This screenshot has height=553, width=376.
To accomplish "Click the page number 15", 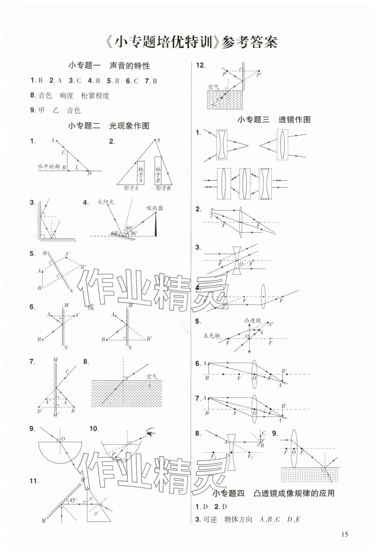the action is [x=344, y=534].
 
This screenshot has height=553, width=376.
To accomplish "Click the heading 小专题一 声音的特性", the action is [x=109, y=66].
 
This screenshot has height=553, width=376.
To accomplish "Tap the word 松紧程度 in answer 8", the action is [x=95, y=96].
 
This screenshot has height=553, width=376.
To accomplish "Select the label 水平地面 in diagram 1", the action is [x=49, y=166].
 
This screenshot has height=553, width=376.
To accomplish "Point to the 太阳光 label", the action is [x=106, y=202].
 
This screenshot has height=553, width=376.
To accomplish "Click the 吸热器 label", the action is [x=155, y=208].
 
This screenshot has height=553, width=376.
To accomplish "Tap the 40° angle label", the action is [x=130, y=228].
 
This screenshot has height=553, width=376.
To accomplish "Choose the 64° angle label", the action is [x=114, y=233].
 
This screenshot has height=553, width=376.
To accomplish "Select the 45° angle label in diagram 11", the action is [x=73, y=501].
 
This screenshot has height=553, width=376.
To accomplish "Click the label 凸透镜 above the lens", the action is [x=253, y=321].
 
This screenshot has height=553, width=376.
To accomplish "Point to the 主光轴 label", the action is [x=212, y=335].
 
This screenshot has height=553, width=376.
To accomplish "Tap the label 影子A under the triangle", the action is [x=131, y=188].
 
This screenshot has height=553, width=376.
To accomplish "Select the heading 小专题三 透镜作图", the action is [x=274, y=120].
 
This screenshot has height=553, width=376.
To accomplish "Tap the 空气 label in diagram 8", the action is [x=152, y=376].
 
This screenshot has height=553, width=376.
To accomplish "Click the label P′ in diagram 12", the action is [x=259, y=75].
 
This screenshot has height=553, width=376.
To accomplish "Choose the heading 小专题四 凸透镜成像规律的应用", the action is [x=273, y=493].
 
